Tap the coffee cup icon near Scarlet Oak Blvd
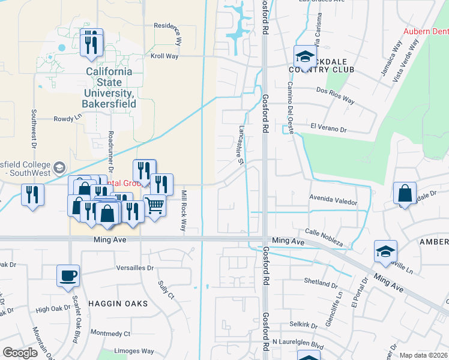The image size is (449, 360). click(x=68, y=275)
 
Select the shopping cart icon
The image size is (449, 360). click(x=154, y=205)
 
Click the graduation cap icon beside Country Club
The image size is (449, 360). click(x=304, y=58)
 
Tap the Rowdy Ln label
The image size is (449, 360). click(x=67, y=119)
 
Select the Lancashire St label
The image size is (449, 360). click(x=241, y=145)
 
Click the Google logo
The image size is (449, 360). click(x=20, y=353)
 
